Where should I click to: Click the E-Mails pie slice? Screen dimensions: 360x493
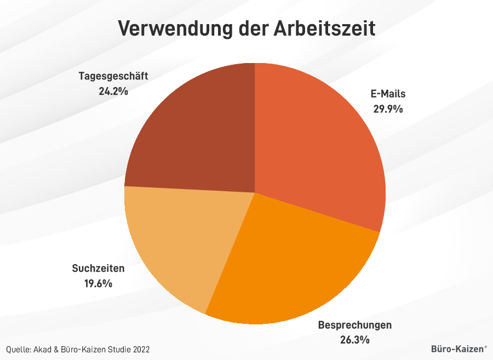318,142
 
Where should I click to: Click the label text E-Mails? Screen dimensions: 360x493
388,94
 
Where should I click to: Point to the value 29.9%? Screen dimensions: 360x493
388,108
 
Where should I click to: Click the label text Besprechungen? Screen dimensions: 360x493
354,325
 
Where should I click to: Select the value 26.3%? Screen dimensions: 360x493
354,340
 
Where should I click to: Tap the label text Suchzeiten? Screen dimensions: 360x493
98,268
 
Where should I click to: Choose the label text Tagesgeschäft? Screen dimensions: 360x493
113,76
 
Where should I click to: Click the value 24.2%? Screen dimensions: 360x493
113,90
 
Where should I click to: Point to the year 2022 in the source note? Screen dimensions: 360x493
140,349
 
